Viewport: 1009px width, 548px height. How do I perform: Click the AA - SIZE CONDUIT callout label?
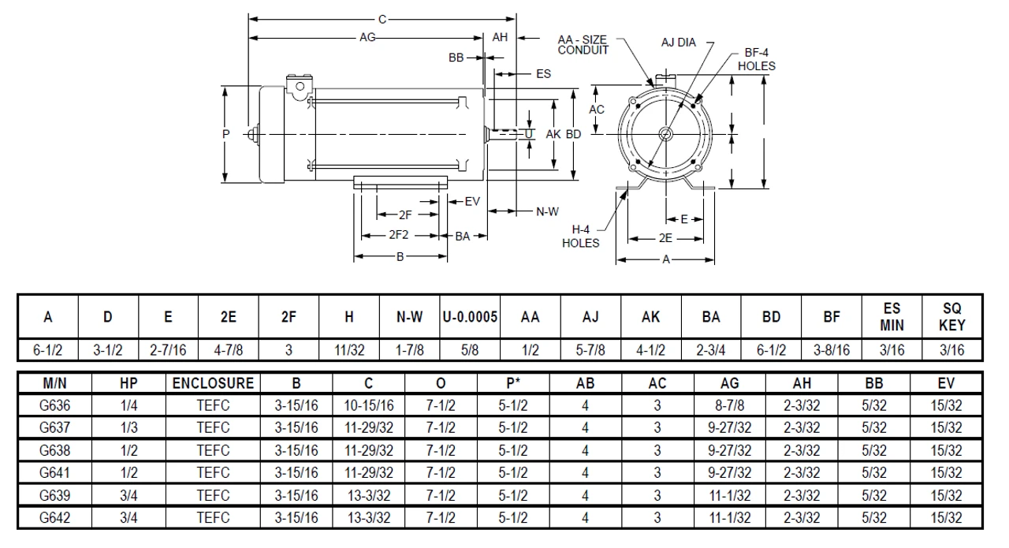pyautogui.click(x=583, y=44)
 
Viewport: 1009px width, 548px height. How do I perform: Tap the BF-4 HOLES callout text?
pyautogui.click(x=756, y=59)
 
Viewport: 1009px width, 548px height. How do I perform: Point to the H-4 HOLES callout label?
pyautogui.click(x=580, y=236)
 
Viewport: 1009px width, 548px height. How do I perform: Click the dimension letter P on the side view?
pyautogui.click(x=226, y=135)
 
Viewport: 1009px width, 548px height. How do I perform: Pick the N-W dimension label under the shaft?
pyautogui.click(x=547, y=211)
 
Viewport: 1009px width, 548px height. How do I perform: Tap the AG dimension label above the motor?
pyautogui.click(x=367, y=36)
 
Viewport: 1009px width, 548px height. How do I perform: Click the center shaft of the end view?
pyautogui.click(x=665, y=134)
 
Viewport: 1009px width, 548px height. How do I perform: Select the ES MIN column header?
pyautogui.click(x=892, y=317)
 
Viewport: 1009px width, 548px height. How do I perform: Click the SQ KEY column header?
pyautogui.click(x=952, y=317)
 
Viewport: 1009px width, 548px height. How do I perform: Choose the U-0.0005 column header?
pyautogui.click(x=470, y=317)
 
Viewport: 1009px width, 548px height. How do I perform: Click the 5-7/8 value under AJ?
pyautogui.click(x=590, y=349)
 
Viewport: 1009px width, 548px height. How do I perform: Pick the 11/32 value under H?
pyautogui.click(x=348, y=349)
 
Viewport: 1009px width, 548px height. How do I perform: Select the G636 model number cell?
pyautogui.click(x=54, y=406)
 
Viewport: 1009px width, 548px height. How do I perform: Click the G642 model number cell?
pyautogui.click(x=54, y=517)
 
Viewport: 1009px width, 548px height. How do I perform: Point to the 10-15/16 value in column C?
pyautogui.click(x=368, y=406)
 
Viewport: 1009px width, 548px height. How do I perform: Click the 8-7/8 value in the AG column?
pyautogui.click(x=730, y=406)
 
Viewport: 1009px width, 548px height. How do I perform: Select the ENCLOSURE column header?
pyautogui.click(x=213, y=384)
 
